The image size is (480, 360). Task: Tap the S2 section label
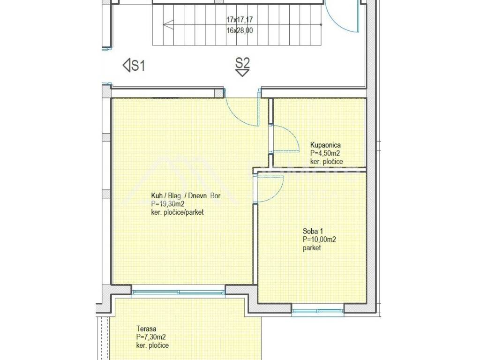pos(242,63)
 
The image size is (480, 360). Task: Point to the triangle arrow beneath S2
pos(242,73)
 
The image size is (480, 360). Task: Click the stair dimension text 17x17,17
pos(240,20)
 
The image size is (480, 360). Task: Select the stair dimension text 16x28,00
pos(240,30)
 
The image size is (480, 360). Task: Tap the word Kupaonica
pos(325,145)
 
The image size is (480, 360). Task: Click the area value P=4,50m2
pos(325,153)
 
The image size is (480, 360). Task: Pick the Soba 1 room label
pos(313,231)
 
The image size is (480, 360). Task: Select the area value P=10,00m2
pos(319,240)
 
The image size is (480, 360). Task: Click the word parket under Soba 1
pos(312,247)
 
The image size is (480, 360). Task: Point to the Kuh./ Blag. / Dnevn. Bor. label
pos(187,195)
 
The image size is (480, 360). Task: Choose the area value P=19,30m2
pos(168,204)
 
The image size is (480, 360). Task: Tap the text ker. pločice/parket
pos(177,212)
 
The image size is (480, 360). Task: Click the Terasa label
pos(146,329)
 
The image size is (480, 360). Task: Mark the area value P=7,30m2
pos(151,337)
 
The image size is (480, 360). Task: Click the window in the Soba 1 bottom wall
pos(318,311)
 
